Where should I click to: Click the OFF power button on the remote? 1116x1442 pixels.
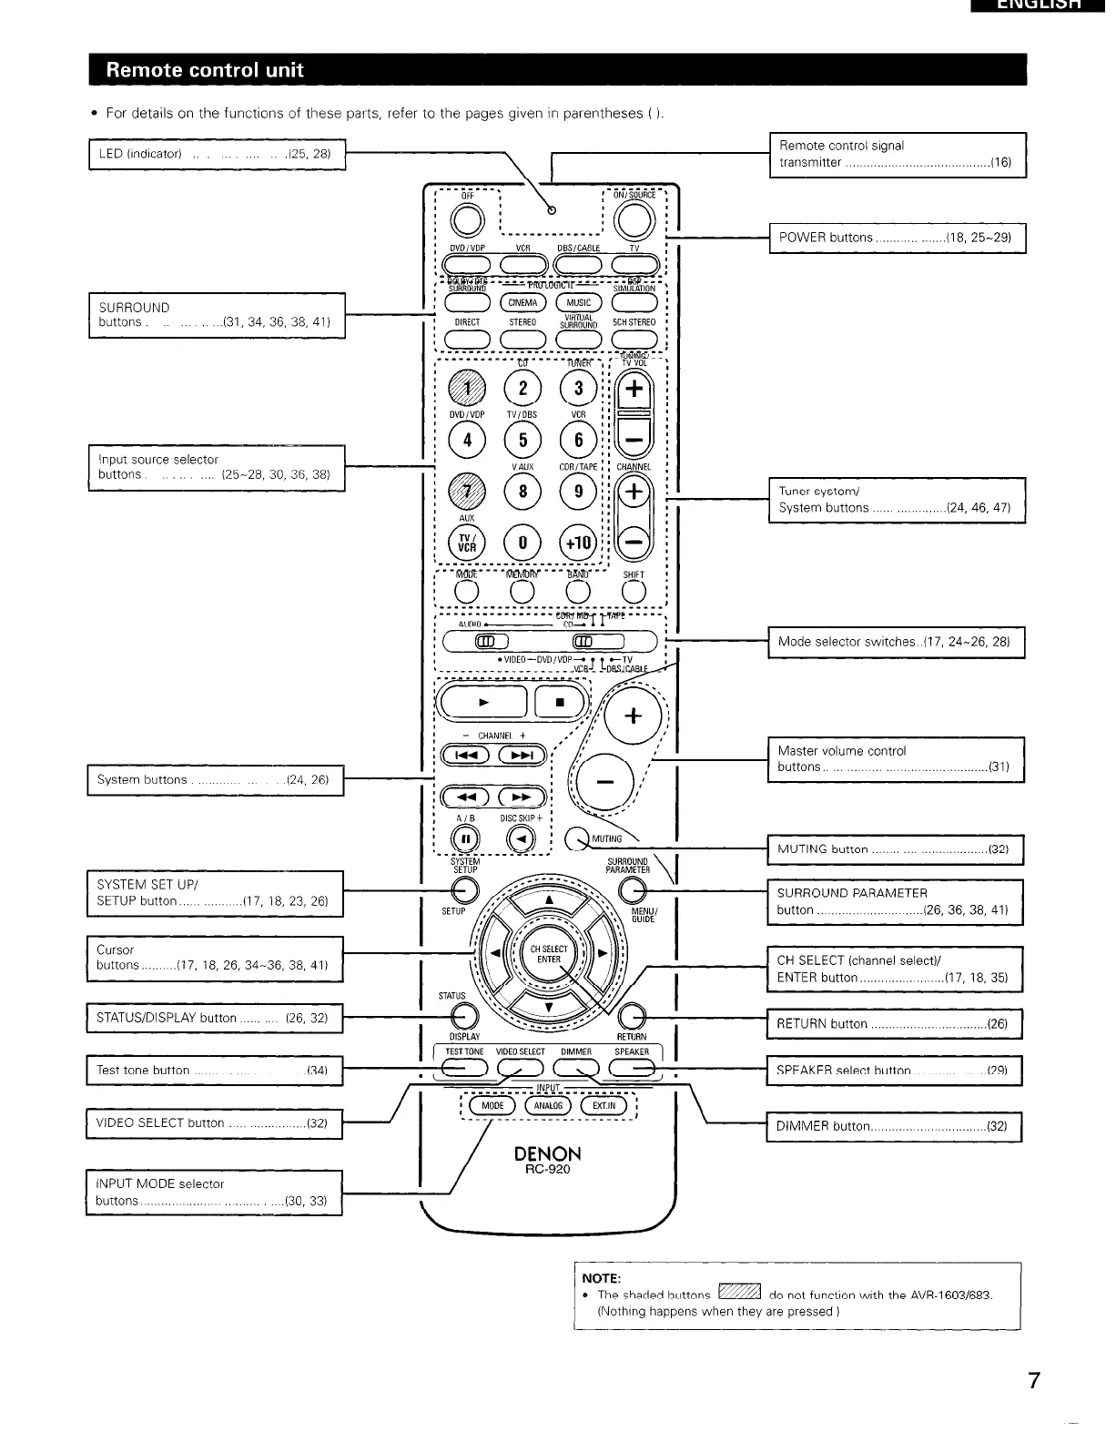point(467,219)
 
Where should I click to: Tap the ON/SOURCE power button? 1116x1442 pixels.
point(634,219)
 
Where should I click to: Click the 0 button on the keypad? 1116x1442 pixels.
point(522,543)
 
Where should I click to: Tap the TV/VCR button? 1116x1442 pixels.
point(467,543)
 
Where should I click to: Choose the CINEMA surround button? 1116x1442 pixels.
point(522,302)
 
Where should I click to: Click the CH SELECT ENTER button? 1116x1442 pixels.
point(549,954)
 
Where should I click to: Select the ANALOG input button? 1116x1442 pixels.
point(548,1106)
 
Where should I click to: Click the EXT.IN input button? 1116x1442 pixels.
point(604,1106)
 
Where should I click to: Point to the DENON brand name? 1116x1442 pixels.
point(547,1154)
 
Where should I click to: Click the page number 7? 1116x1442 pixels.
point(1033,1380)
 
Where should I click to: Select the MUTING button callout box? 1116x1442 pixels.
point(895,848)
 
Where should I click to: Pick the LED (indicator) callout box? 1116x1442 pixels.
point(217,153)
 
